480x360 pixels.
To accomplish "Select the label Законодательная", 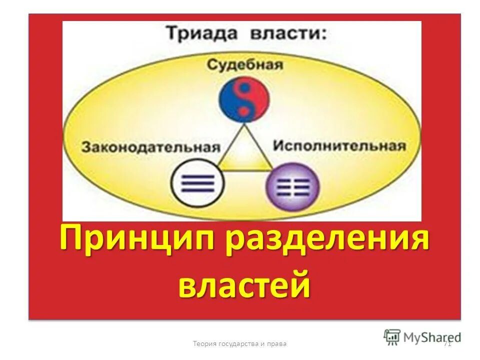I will pos(151,147).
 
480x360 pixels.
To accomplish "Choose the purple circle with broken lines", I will pos(292,186).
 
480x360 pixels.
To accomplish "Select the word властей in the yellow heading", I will pos(244,283).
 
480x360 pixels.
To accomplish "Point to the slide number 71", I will pos(447,343).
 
